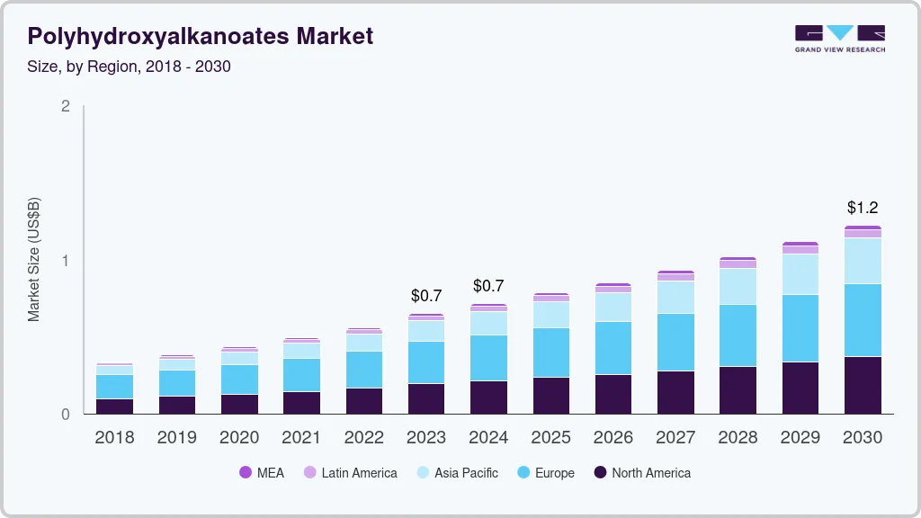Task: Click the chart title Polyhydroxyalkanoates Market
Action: (x=200, y=37)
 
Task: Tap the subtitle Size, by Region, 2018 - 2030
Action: (x=130, y=67)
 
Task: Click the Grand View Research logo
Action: (x=839, y=38)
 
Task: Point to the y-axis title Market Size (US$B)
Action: (x=34, y=260)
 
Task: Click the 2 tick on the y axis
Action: (x=65, y=106)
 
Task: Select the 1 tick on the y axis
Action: (x=65, y=261)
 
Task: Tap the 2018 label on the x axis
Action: (x=114, y=438)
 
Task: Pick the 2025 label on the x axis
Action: (x=550, y=438)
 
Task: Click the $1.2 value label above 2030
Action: (x=863, y=208)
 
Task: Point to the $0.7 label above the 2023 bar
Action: (x=426, y=295)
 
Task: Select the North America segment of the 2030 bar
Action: (x=863, y=385)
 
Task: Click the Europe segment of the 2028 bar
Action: (x=738, y=335)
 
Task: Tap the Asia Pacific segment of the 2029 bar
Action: (x=800, y=274)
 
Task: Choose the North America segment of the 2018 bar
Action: (x=114, y=406)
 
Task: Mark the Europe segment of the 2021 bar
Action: (x=301, y=375)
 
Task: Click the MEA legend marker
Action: (x=246, y=473)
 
